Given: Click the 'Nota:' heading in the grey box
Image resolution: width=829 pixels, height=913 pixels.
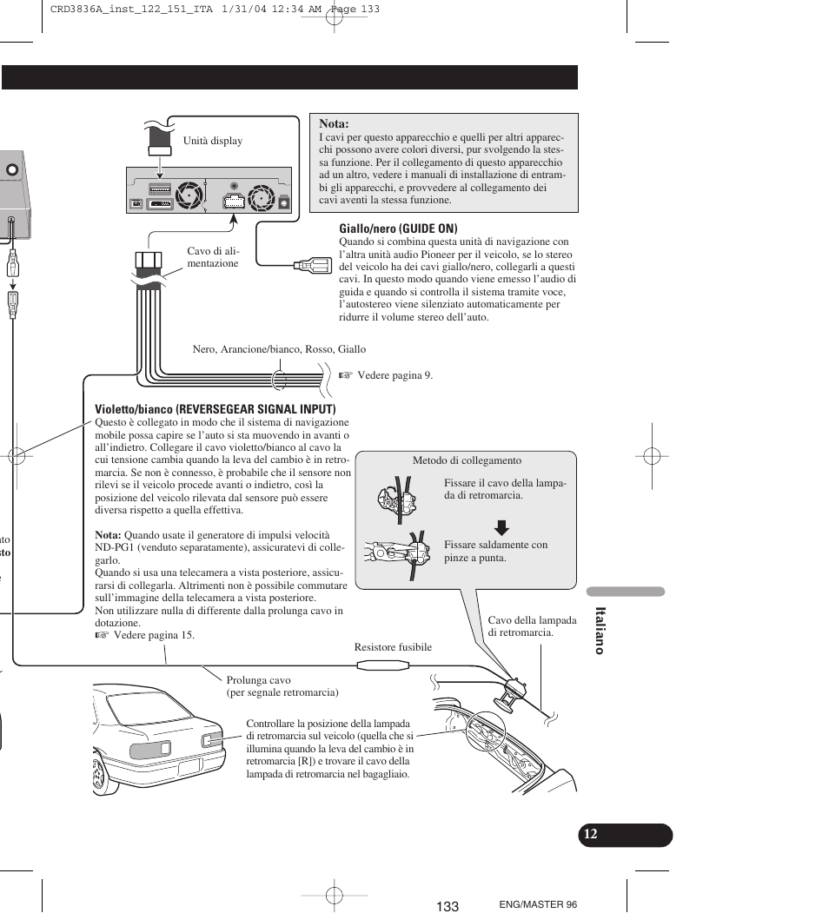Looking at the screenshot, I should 334,124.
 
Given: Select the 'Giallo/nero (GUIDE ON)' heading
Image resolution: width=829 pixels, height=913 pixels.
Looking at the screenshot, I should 398,228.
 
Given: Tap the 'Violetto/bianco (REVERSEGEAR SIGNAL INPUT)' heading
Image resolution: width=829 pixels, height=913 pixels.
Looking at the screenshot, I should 216,408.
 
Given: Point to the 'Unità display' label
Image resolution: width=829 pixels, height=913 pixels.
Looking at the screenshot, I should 213,141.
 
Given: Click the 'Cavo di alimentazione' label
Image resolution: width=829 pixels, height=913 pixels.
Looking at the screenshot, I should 213,257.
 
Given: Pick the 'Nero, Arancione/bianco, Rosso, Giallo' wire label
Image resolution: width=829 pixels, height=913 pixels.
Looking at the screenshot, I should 279,349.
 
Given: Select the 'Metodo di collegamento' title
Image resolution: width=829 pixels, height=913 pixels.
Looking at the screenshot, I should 467,460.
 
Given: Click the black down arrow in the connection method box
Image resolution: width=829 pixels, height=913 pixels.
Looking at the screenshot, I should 501,526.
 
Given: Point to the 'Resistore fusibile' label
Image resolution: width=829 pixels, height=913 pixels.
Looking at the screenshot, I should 393,647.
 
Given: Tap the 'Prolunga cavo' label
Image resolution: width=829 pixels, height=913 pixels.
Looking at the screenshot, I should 259,680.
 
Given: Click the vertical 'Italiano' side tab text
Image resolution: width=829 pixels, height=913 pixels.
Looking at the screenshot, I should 599,630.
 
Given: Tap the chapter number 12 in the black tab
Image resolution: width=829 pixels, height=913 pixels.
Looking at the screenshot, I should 591,834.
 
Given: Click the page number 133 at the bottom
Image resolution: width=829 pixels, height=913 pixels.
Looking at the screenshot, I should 448,906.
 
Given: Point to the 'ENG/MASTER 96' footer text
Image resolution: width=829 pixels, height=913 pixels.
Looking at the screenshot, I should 538,904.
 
